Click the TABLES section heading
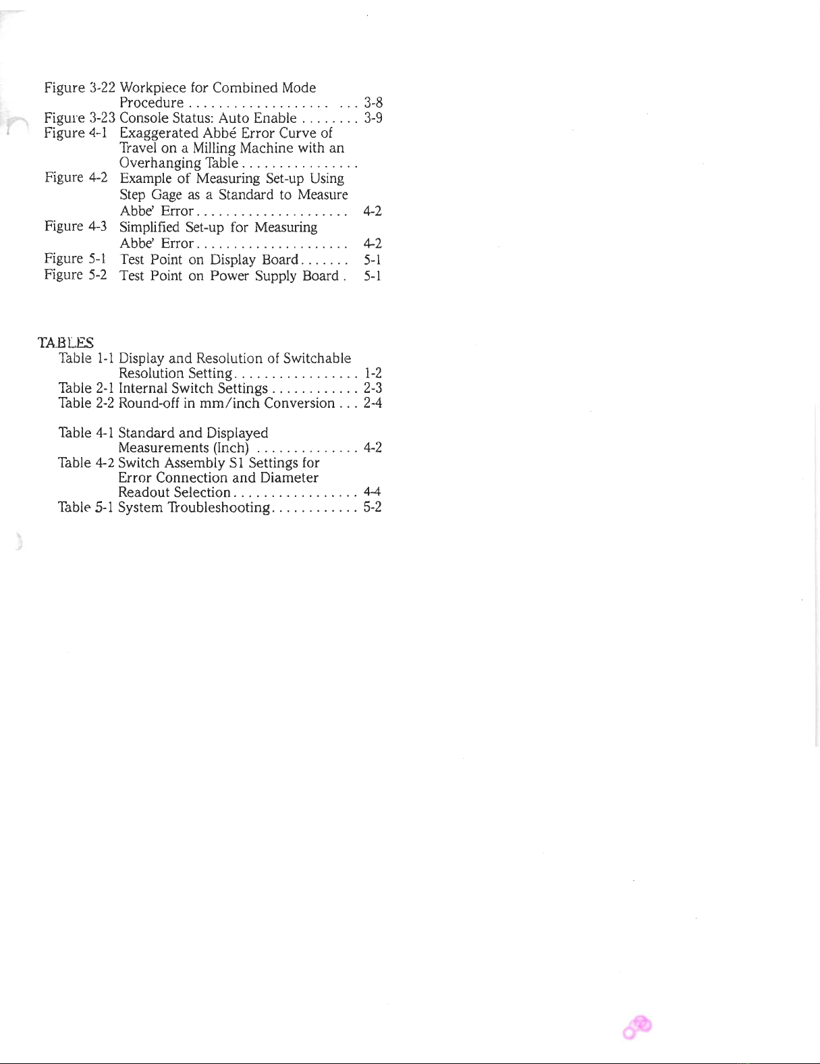click(x=65, y=342)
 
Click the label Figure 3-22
click(x=80, y=88)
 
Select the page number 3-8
click(x=373, y=103)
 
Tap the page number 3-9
click(x=373, y=117)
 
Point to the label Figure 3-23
click(x=80, y=117)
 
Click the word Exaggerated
click(x=159, y=133)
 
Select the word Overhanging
click(x=160, y=163)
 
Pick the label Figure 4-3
click(x=76, y=226)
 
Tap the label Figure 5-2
click(x=76, y=275)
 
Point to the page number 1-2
click(x=373, y=373)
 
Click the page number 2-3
click(x=373, y=388)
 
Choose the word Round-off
click(x=148, y=403)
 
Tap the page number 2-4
click(x=373, y=403)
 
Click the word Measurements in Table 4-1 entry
click(x=163, y=448)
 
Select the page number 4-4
click(x=373, y=492)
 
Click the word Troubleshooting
click(x=219, y=507)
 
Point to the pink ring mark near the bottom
click(x=638, y=1027)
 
